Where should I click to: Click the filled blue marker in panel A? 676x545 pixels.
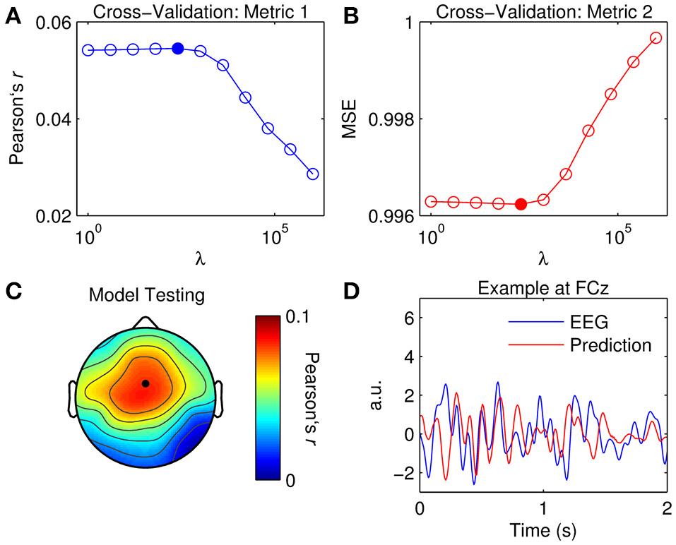178,49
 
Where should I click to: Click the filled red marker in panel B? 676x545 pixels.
521,204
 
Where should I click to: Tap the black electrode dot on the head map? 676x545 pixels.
146,383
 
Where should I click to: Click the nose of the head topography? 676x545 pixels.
145,323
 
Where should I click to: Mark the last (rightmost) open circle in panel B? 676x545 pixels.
656,38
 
